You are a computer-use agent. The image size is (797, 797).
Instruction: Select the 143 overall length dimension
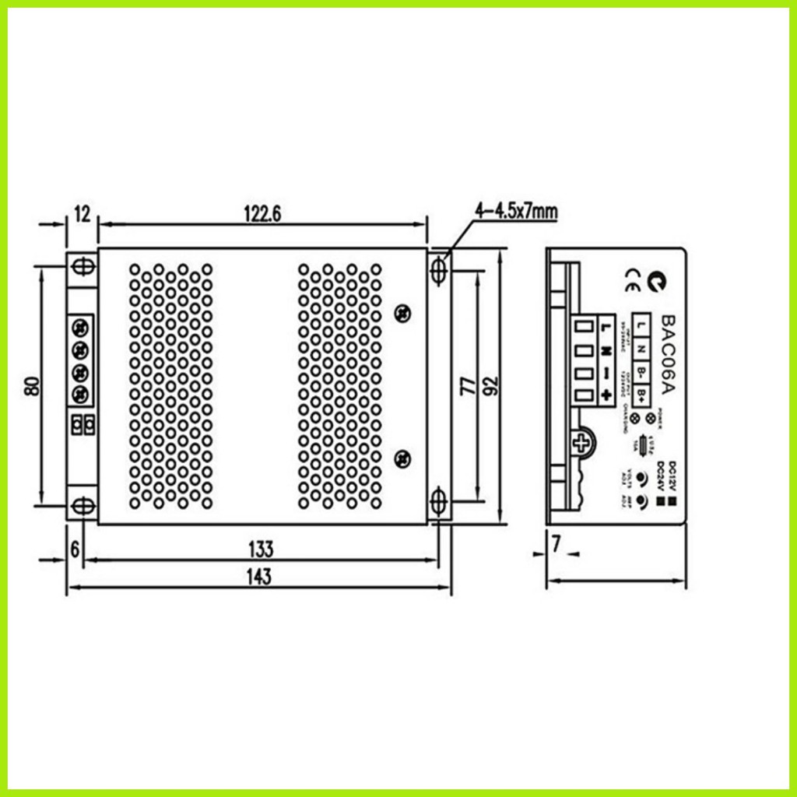pos(259,577)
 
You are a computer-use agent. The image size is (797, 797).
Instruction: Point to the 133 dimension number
pos(261,549)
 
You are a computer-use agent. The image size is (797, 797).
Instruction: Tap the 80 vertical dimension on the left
pos(32,385)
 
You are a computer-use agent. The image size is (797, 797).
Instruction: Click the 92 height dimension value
pos(490,385)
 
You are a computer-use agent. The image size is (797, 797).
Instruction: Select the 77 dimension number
pos(467,385)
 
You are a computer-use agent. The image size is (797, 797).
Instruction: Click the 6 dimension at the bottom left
pos(75,549)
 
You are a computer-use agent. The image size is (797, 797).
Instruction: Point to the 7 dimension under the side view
pos(556,546)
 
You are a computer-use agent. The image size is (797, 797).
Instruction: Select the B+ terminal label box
pos(640,395)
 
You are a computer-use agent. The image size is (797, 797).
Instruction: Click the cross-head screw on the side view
pos(581,444)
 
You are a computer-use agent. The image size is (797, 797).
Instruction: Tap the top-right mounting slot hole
pos(439,269)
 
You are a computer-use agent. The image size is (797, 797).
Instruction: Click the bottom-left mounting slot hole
pos(81,506)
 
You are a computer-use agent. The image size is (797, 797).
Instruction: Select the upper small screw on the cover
pos(402,313)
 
